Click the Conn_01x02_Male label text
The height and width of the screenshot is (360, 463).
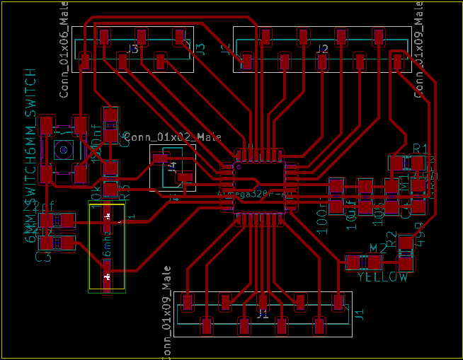click(x=173, y=137)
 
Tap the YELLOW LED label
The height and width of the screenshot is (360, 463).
click(x=382, y=277)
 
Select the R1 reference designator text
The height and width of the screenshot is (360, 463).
click(x=421, y=148)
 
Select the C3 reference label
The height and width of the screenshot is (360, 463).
click(x=43, y=256)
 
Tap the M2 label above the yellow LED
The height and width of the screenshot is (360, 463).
click(x=379, y=248)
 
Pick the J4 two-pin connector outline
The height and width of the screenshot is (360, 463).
click(x=173, y=168)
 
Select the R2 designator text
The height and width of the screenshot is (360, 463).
click(x=391, y=239)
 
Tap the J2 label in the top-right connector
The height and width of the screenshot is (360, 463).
click(x=322, y=49)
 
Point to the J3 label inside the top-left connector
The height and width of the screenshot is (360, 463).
click(x=133, y=49)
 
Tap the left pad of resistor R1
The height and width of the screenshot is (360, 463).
click(x=396, y=163)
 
